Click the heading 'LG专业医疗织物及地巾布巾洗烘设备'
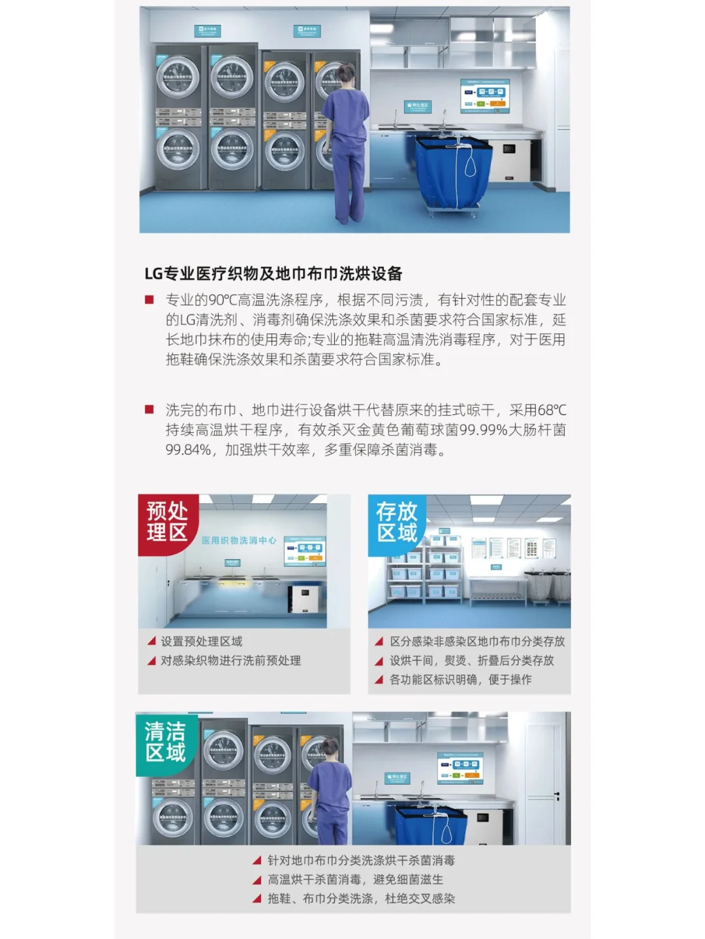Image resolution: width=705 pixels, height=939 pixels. (x=273, y=273)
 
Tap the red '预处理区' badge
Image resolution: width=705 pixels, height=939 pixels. (x=167, y=522)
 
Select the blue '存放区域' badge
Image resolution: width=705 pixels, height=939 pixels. (x=396, y=522)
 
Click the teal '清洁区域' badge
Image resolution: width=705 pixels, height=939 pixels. (x=165, y=742)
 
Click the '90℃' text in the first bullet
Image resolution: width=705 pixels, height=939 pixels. (x=223, y=300)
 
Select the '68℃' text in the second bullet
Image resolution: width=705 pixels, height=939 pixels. (x=552, y=410)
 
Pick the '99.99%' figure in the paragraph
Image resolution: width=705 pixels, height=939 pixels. (x=483, y=430)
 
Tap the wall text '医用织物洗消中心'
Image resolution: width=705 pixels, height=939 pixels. (x=238, y=540)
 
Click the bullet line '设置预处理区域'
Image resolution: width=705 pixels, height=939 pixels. (x=201, y=641)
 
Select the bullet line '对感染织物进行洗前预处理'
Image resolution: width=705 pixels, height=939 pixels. (x=230, y=660)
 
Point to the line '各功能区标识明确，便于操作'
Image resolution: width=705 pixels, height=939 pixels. (x=460, y=679)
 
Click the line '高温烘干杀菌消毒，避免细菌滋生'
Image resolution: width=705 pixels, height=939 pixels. (x=355, y=880)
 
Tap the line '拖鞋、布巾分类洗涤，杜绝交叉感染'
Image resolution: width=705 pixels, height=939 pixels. (x=361, y=899)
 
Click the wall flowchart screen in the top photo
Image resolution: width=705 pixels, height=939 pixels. (x=484, y=96)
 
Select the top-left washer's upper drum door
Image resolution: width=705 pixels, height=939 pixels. (x=178, y=77)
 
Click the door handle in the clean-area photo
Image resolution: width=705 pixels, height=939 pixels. (x=557, y=795)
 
